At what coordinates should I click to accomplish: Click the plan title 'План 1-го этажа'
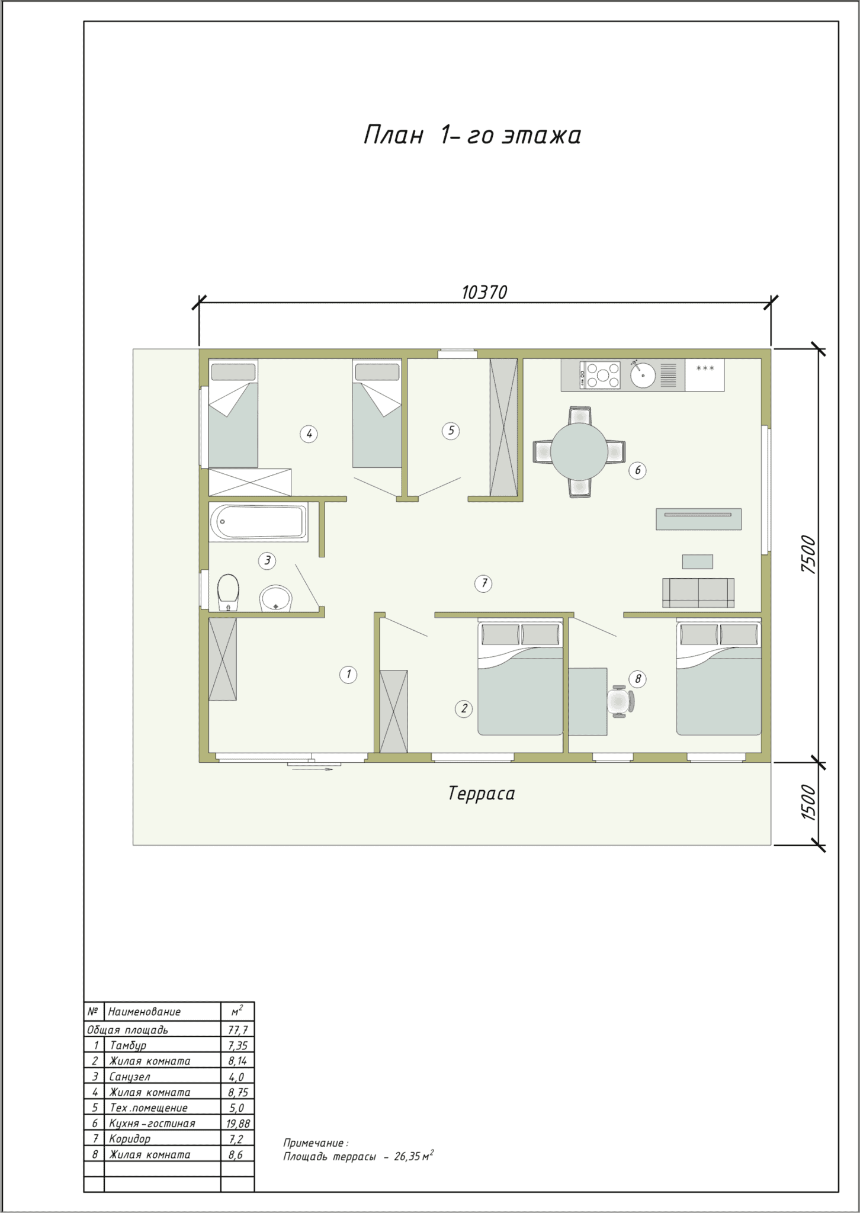click(472, 136)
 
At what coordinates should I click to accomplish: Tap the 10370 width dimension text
click(484, 293)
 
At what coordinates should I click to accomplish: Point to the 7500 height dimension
click(808, 554)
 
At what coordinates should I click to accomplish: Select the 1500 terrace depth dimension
click(808, 803)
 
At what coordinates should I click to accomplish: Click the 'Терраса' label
click(482, 794)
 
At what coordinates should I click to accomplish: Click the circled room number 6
click(637, 470)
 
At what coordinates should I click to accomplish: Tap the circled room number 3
click(267, 560)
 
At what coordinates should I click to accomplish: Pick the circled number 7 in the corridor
click(484, 584)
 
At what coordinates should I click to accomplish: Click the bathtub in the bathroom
click(259, 522)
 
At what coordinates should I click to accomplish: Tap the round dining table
click(579, 451)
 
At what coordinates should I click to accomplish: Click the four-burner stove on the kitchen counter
click(600, 374)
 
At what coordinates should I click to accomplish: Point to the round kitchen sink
click(643, 374)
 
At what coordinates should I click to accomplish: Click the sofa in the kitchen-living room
click(698, 593)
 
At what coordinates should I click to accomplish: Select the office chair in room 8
click(621, 702)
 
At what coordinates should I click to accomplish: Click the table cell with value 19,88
click(238, 1124)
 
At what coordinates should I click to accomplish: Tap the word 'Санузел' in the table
click(130, 1077)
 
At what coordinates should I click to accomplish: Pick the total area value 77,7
click(238, 1030)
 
